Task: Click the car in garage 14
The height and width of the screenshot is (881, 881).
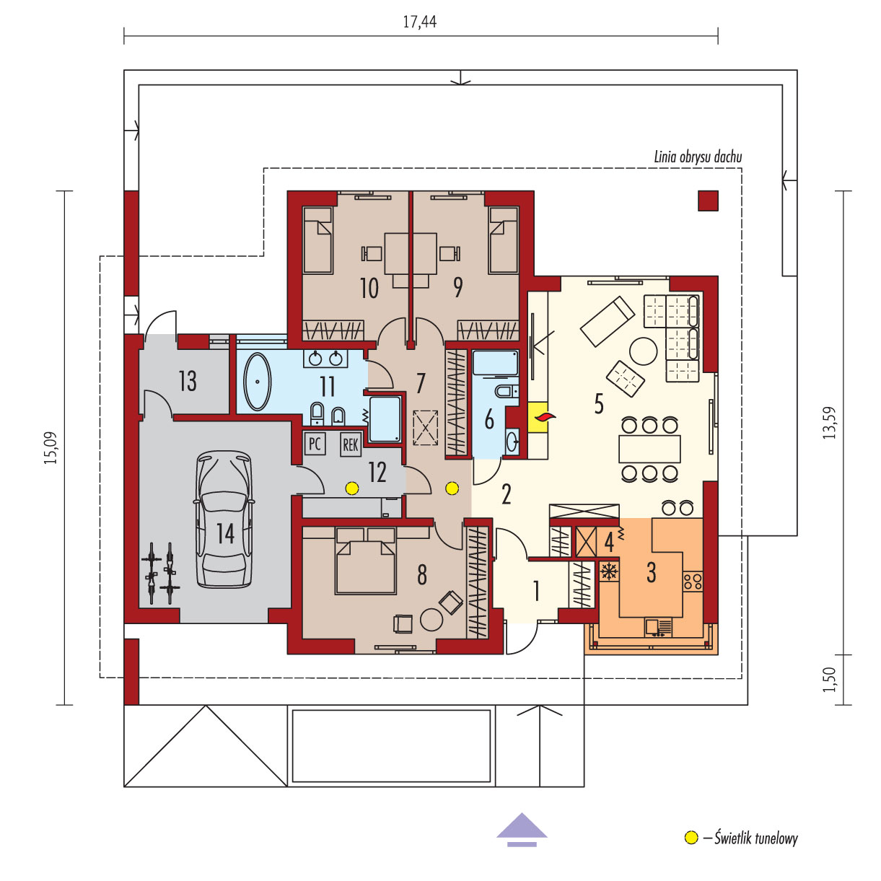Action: tap(224, 519)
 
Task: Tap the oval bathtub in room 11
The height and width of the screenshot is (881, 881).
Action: tap(258, 381)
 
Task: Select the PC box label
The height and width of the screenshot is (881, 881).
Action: tap(315, 444)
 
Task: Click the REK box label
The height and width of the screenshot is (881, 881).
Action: tap(351, 444)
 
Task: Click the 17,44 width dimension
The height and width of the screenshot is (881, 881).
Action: tap(420, 22)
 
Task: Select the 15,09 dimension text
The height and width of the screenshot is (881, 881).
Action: tap(51, 448)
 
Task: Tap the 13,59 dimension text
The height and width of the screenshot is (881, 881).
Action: tap(828, 423)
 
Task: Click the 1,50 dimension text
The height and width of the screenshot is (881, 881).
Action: tap(828, 680)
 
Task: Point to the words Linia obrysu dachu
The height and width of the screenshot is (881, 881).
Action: tap(698, 157)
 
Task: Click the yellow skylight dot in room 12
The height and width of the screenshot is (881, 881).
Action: tap(351, 488)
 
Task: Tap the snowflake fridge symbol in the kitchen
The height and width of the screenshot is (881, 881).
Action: tap(608, 571)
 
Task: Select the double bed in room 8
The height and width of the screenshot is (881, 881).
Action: tap(365, 561)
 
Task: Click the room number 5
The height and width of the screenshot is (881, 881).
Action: tap(598, 403)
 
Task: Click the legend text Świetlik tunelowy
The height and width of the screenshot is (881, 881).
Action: tap(756, 838)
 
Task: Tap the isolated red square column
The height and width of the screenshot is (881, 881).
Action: tap(708, 201)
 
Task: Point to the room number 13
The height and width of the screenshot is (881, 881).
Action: tap(188, 381)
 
